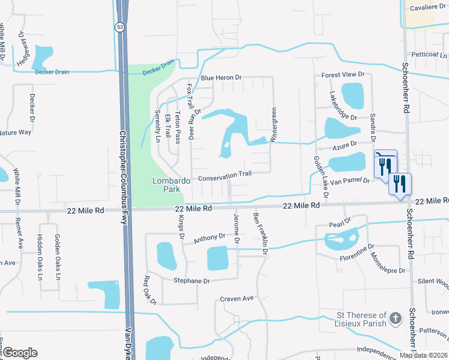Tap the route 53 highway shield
(121, 27)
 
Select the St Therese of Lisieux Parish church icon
(395, 317)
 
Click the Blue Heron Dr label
(221, 77)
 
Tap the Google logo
(19, 353)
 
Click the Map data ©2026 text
(423, 355)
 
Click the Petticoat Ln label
(426, 54)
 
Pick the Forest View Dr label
(343, 74)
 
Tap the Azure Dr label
(345, 145)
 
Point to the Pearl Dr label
(339, 223)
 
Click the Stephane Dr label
(191, 281)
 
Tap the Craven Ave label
(237, 298)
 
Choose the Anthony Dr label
(208, 239)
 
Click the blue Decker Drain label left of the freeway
(52, 72)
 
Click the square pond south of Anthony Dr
(217, 259)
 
